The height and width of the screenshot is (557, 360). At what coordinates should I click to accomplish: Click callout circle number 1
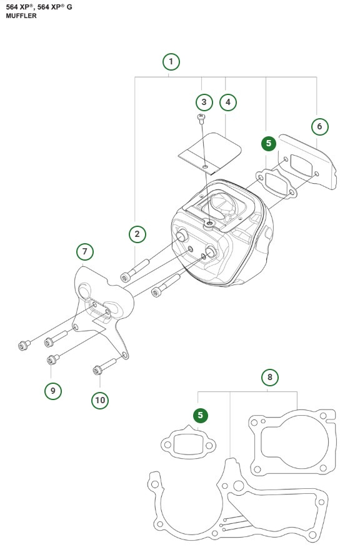pos(171,61)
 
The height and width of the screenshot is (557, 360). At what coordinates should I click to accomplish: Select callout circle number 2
pos(137,234)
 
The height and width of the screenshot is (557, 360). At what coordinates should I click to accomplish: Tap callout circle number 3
pos(203,102)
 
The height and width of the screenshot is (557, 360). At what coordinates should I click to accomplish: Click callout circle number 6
pos(319,126)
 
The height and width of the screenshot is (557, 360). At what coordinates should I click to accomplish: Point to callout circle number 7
pos(85,252)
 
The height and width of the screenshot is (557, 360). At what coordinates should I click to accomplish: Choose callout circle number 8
pos(269,377)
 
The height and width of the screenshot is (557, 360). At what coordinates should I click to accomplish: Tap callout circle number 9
pos(53,391)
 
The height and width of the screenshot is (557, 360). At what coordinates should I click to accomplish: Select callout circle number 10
pos(99,399)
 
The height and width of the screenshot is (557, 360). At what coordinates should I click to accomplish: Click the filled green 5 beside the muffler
pos(268,143)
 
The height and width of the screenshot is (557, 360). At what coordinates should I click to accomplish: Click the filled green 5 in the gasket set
pos(200,415)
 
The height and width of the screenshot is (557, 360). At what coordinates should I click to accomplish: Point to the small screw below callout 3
pos(201,117)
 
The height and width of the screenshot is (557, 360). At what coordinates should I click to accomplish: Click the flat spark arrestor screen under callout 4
pos(208,152)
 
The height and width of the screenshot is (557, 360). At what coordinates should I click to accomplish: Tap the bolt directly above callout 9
pos(52,360)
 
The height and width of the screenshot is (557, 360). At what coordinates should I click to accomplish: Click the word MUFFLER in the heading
pos(21,16)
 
